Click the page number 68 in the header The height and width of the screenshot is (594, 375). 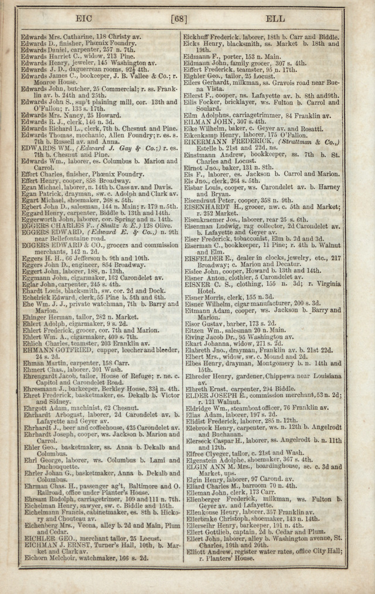pos(178,19)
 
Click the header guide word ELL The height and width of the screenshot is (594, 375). pos(275,19)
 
